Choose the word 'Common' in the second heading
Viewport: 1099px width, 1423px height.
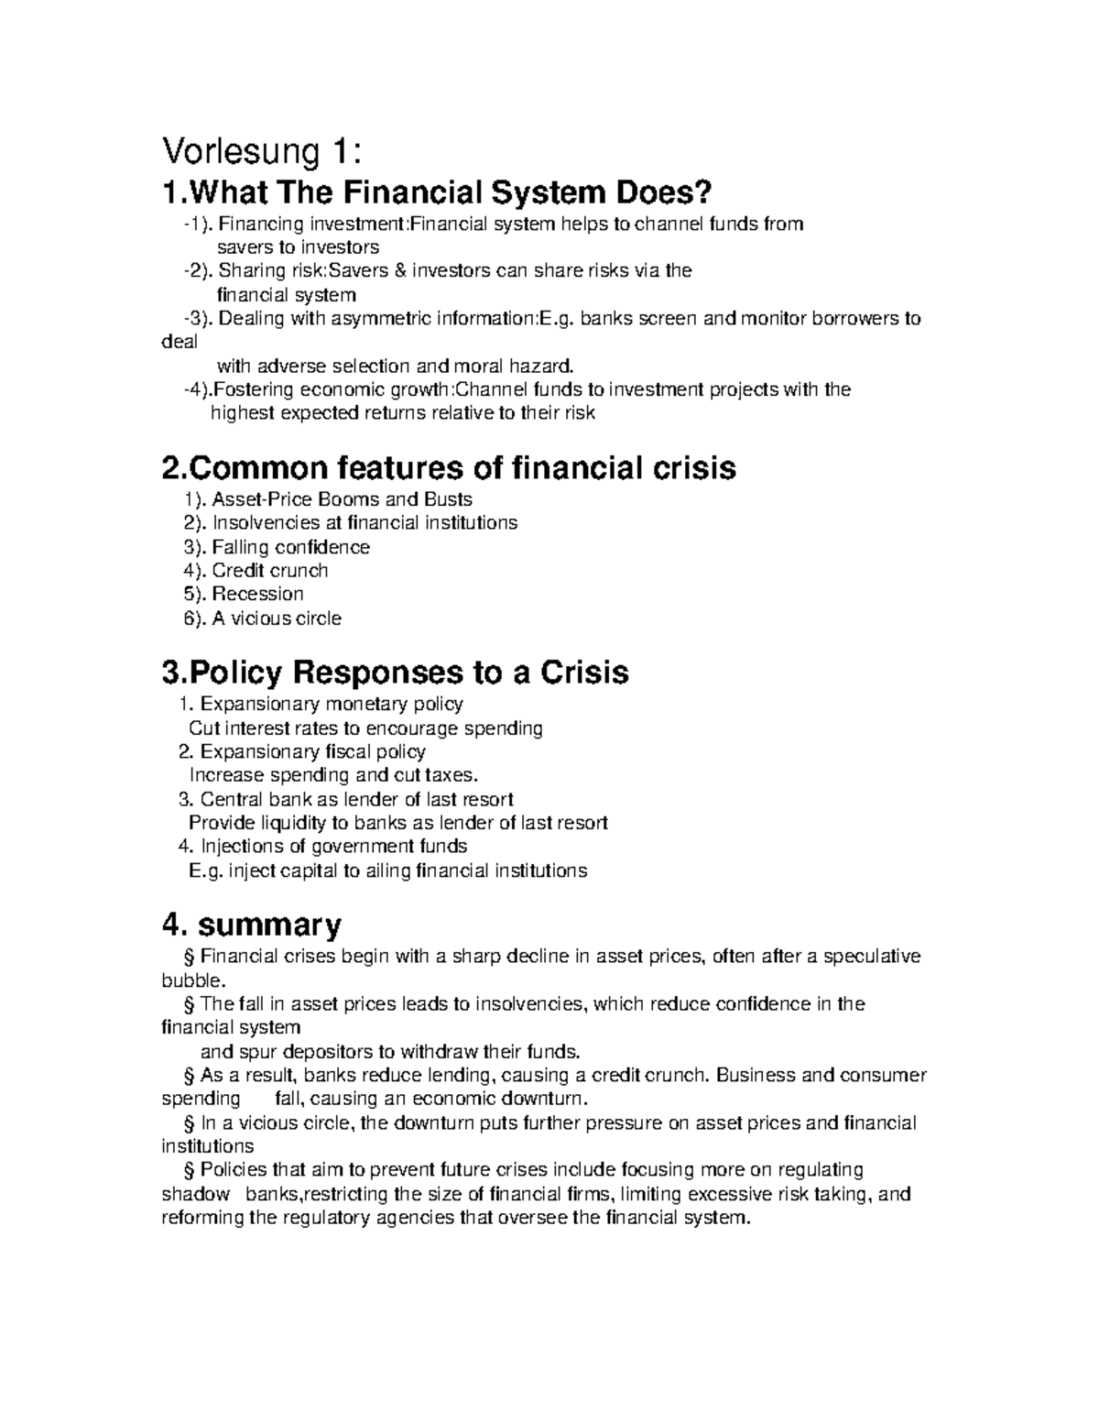pyautogui.click(x=257, y=468)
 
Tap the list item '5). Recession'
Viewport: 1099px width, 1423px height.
pyautogui.click(x=244, y=594)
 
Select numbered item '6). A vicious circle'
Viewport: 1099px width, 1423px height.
pyautogui.click(x=262, y=618)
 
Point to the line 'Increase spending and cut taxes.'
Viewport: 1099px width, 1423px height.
pyautogui.click(x=333, y=775)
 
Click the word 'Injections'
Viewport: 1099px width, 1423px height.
pyautogui.click(x=241, y=846)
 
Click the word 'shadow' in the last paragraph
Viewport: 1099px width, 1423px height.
pyautogui.click(x=196, y=1195)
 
